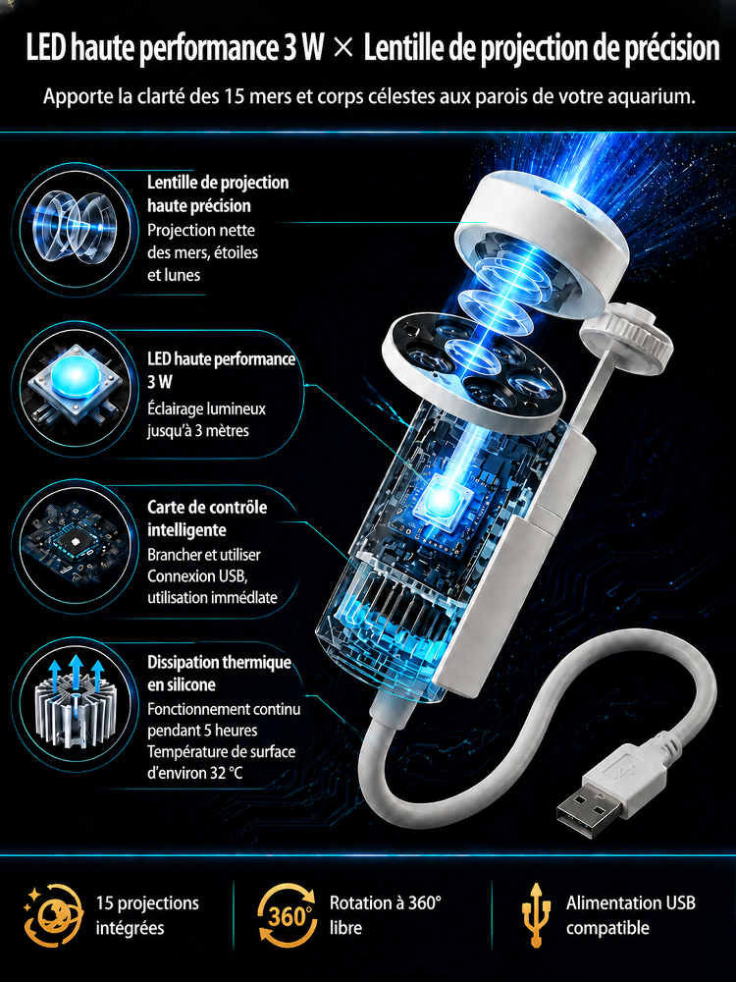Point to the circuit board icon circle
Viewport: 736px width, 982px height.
pos(74,539)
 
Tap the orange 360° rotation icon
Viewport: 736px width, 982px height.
pos(287,915)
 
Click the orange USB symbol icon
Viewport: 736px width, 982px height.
pos(536,915)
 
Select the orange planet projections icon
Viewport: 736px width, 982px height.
pos(53,915)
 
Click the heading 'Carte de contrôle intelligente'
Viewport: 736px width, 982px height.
pos(207,518)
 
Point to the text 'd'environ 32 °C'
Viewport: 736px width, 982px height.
pos(194,773)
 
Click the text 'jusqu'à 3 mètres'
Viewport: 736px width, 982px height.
pos(198,431)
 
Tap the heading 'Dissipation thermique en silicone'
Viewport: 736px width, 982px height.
pos(219,674)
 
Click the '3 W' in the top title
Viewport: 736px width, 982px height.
pos(298,49)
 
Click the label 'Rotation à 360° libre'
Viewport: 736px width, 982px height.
pos(385,915)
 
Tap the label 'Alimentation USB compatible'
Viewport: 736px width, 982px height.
pos(630,915)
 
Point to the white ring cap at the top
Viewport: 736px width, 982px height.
pos(542,225)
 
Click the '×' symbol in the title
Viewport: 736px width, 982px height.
pos(342,49)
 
